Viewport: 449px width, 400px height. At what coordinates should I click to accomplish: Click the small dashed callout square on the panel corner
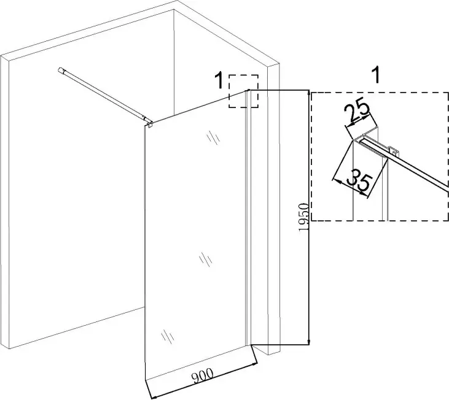(243, 92)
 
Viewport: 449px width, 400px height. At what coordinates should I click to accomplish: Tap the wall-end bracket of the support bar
(63, 71)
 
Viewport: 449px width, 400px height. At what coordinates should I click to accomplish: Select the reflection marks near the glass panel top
(213, 137)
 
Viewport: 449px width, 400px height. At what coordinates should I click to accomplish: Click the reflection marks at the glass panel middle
(206, 260)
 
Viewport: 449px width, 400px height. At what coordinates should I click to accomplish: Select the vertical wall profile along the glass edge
(248, 215)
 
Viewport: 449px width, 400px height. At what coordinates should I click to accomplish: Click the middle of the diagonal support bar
(104, 95)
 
